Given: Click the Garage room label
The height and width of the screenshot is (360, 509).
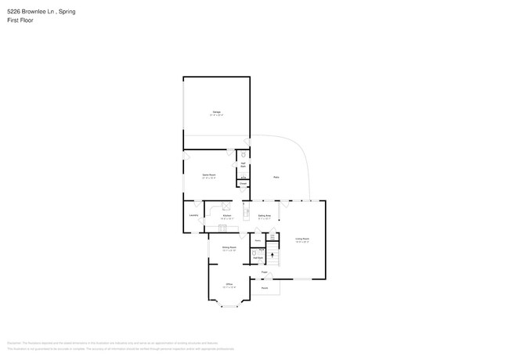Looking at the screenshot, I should click(x=216, y=113).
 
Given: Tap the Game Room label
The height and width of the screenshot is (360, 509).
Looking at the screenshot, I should click(x=209, y=176).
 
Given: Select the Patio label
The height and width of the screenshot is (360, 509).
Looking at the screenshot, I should click(x=276, y=178).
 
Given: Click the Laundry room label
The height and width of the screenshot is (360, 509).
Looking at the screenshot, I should click(x=193, y=214).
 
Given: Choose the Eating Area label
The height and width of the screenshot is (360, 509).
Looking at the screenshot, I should click(x=264, y=215).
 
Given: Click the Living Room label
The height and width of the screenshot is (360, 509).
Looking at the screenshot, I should click(x=301, y=240).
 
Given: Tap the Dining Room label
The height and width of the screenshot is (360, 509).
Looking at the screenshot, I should click(x=229, y=248).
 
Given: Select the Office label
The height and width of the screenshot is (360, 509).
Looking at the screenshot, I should click(x=229, y=284).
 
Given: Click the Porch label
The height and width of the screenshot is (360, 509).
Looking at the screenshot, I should click(x=265, y=288).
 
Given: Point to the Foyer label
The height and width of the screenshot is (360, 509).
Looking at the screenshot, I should click(x=265, y=272).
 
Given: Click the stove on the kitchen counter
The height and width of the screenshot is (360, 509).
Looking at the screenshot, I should click(x=226, y=207).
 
